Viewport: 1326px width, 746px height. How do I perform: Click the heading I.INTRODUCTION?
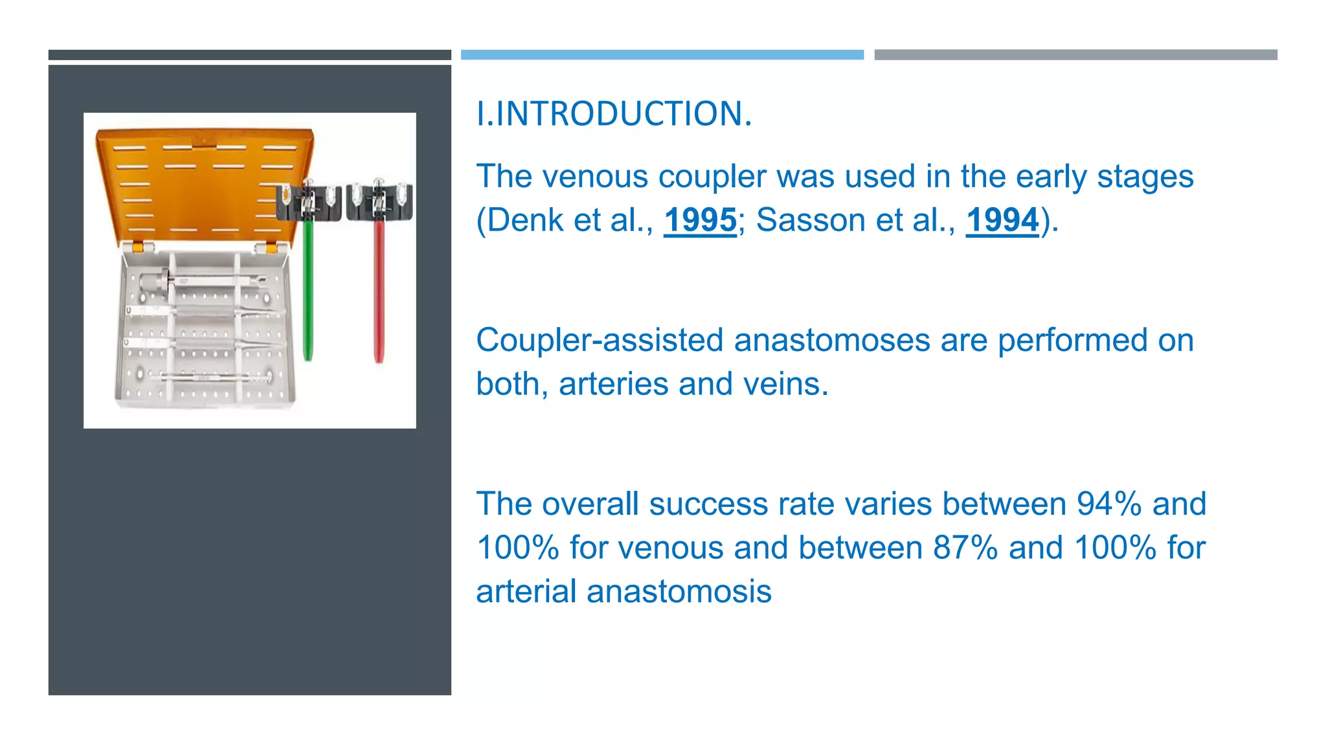(x=614, y=114)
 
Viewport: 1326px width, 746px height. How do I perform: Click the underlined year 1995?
(x=700, y=220)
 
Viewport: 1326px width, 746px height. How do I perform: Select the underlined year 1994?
(x=1002, y=220)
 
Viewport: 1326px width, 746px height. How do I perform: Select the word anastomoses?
(x=832, y=341)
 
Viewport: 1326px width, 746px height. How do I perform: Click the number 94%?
(x=1109, y=504)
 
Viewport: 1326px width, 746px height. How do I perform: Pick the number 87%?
(x=965, y=548)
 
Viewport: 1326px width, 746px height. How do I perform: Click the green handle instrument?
(x=308, y=291)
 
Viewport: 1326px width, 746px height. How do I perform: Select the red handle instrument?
(x=379, y=291)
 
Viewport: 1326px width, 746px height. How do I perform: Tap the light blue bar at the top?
(x=662, y=55)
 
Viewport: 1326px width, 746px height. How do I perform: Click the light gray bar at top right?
(x=1075, y=55)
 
